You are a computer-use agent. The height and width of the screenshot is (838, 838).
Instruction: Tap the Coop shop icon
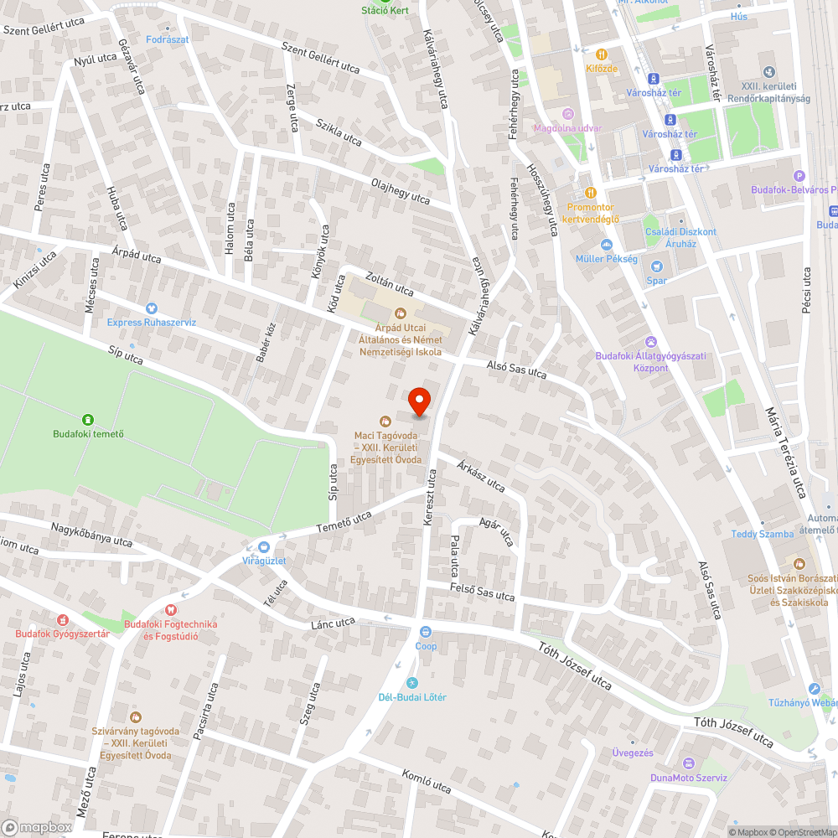[426, 632]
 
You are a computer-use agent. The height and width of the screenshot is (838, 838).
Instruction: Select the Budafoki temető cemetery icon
[87, 419]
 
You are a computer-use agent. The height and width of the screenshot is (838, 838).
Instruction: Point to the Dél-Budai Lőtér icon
[411, 683]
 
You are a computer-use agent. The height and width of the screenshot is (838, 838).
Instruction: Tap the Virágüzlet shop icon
[264, 546]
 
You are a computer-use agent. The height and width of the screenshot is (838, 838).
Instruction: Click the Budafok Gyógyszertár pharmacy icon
[61, 620]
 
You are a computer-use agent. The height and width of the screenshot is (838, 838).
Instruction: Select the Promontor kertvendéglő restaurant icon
[590, 192]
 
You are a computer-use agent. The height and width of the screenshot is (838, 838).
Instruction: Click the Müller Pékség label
[606, 259]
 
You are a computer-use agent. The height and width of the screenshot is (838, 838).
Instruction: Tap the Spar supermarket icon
[656, 266]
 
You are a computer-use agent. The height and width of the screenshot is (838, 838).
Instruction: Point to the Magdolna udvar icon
[568, 114]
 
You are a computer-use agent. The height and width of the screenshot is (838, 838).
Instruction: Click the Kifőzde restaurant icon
[602, 54]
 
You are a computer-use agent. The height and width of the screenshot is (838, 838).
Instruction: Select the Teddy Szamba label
[763, 534]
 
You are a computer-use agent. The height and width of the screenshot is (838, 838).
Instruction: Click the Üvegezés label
[632, 753]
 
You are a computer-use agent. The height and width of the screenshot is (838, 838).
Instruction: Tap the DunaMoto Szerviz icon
[690, 763]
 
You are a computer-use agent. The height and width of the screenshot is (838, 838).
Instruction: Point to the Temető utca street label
[344, 522]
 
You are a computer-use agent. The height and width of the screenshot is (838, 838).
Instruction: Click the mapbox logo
[37, 826]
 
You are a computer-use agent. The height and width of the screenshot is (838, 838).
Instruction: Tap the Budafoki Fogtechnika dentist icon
[170, 611]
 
